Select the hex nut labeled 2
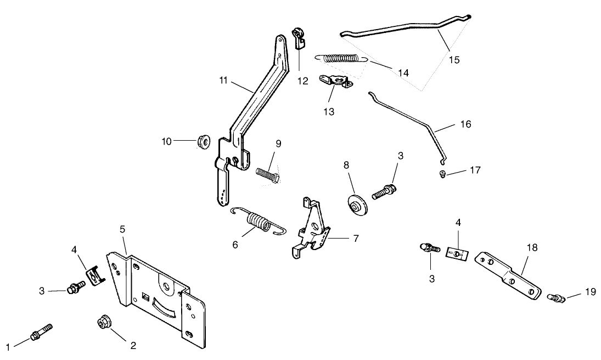[x=103, y=321]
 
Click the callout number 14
[x=403, y=72]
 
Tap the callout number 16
[x=465, y=124]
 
